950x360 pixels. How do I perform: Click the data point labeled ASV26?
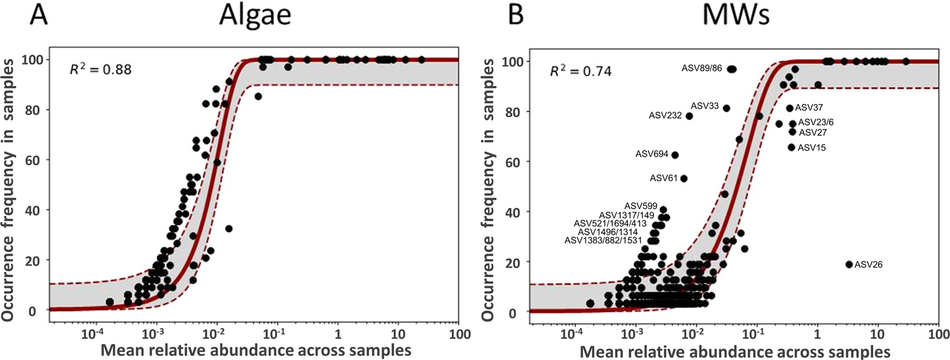(849, 264)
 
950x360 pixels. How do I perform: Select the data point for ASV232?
(689, 116)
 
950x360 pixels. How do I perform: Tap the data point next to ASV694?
(675, 155)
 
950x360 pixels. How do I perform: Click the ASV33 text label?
(704, 106)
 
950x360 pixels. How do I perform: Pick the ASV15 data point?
(791, 147)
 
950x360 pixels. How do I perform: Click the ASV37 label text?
(808, 108)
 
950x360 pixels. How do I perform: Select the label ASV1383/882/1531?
(604, 240)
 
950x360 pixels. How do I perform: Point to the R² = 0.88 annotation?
(99, 69)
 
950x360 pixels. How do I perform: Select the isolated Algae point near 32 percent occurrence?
(229, 228)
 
